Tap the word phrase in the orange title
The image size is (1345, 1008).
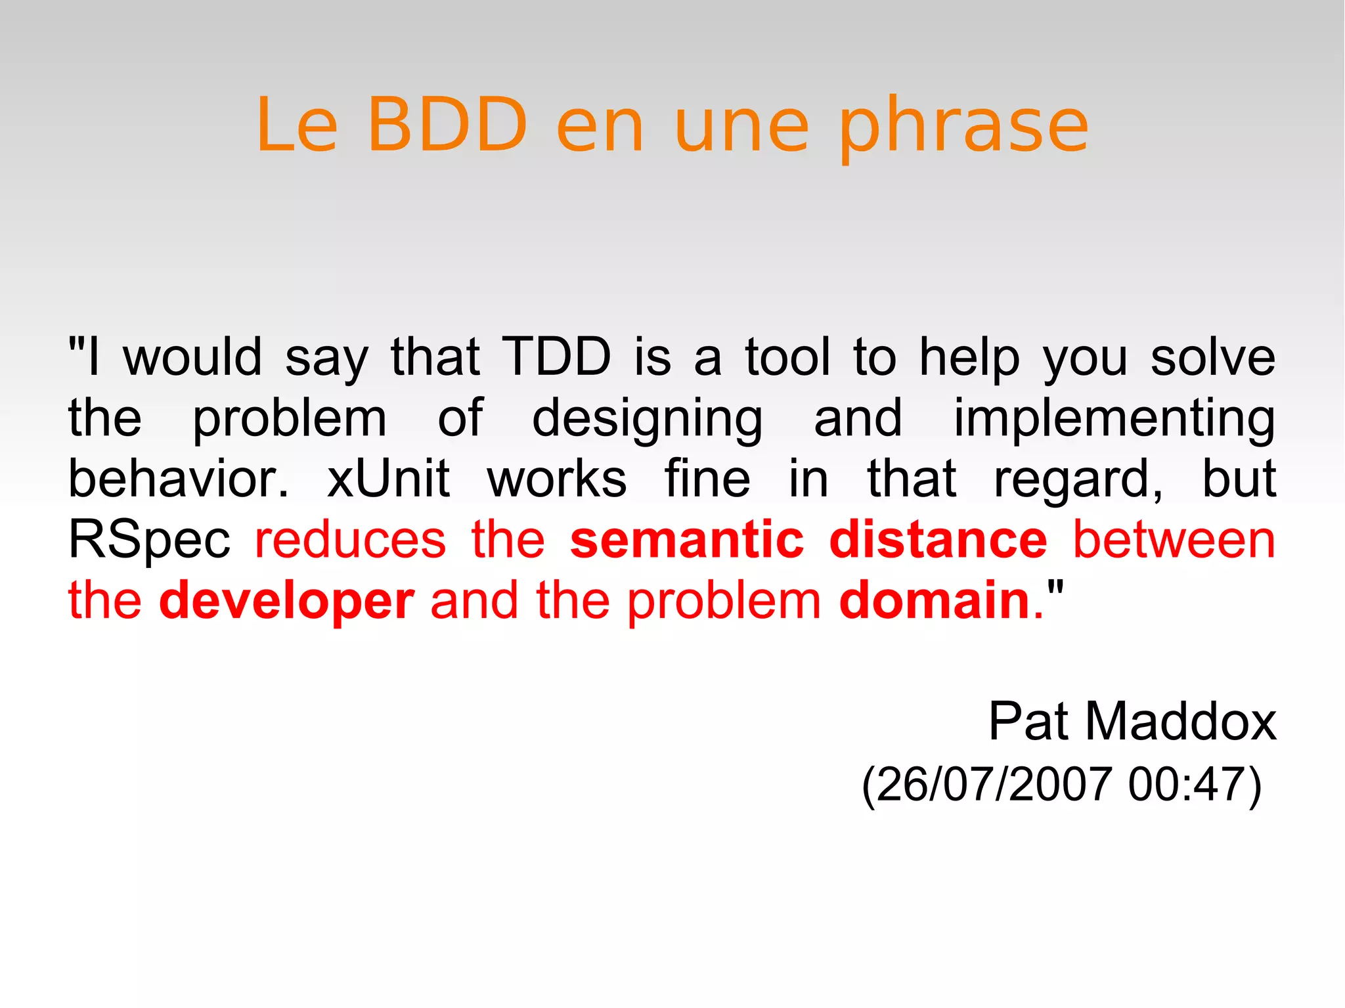click(x=963, y=126)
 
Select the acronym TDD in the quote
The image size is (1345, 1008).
click(x=556, y=357)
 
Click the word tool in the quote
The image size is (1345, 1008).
click(x=787, y=357)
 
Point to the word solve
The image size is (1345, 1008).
click(x=1213, y=357)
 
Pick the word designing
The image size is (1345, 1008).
click(x=647, y=419)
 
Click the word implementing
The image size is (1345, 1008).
click(x=1114, y=419)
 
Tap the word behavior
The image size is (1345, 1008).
click(x=178, y=479)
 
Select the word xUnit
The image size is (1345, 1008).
click(x=388, y=479)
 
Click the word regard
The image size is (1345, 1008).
click(x=1078, y=480)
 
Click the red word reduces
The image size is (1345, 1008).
click(x=351, y=540)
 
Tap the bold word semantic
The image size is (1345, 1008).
click(x=687, y=540)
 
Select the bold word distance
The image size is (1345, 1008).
click(x=938, y=540)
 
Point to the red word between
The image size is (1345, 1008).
click(x=1174, y=540)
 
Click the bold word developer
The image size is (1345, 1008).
click(x=287, y=601)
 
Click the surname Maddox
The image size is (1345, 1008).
click(x=1180, y=722)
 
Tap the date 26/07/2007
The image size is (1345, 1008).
click(x=994, y=784)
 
